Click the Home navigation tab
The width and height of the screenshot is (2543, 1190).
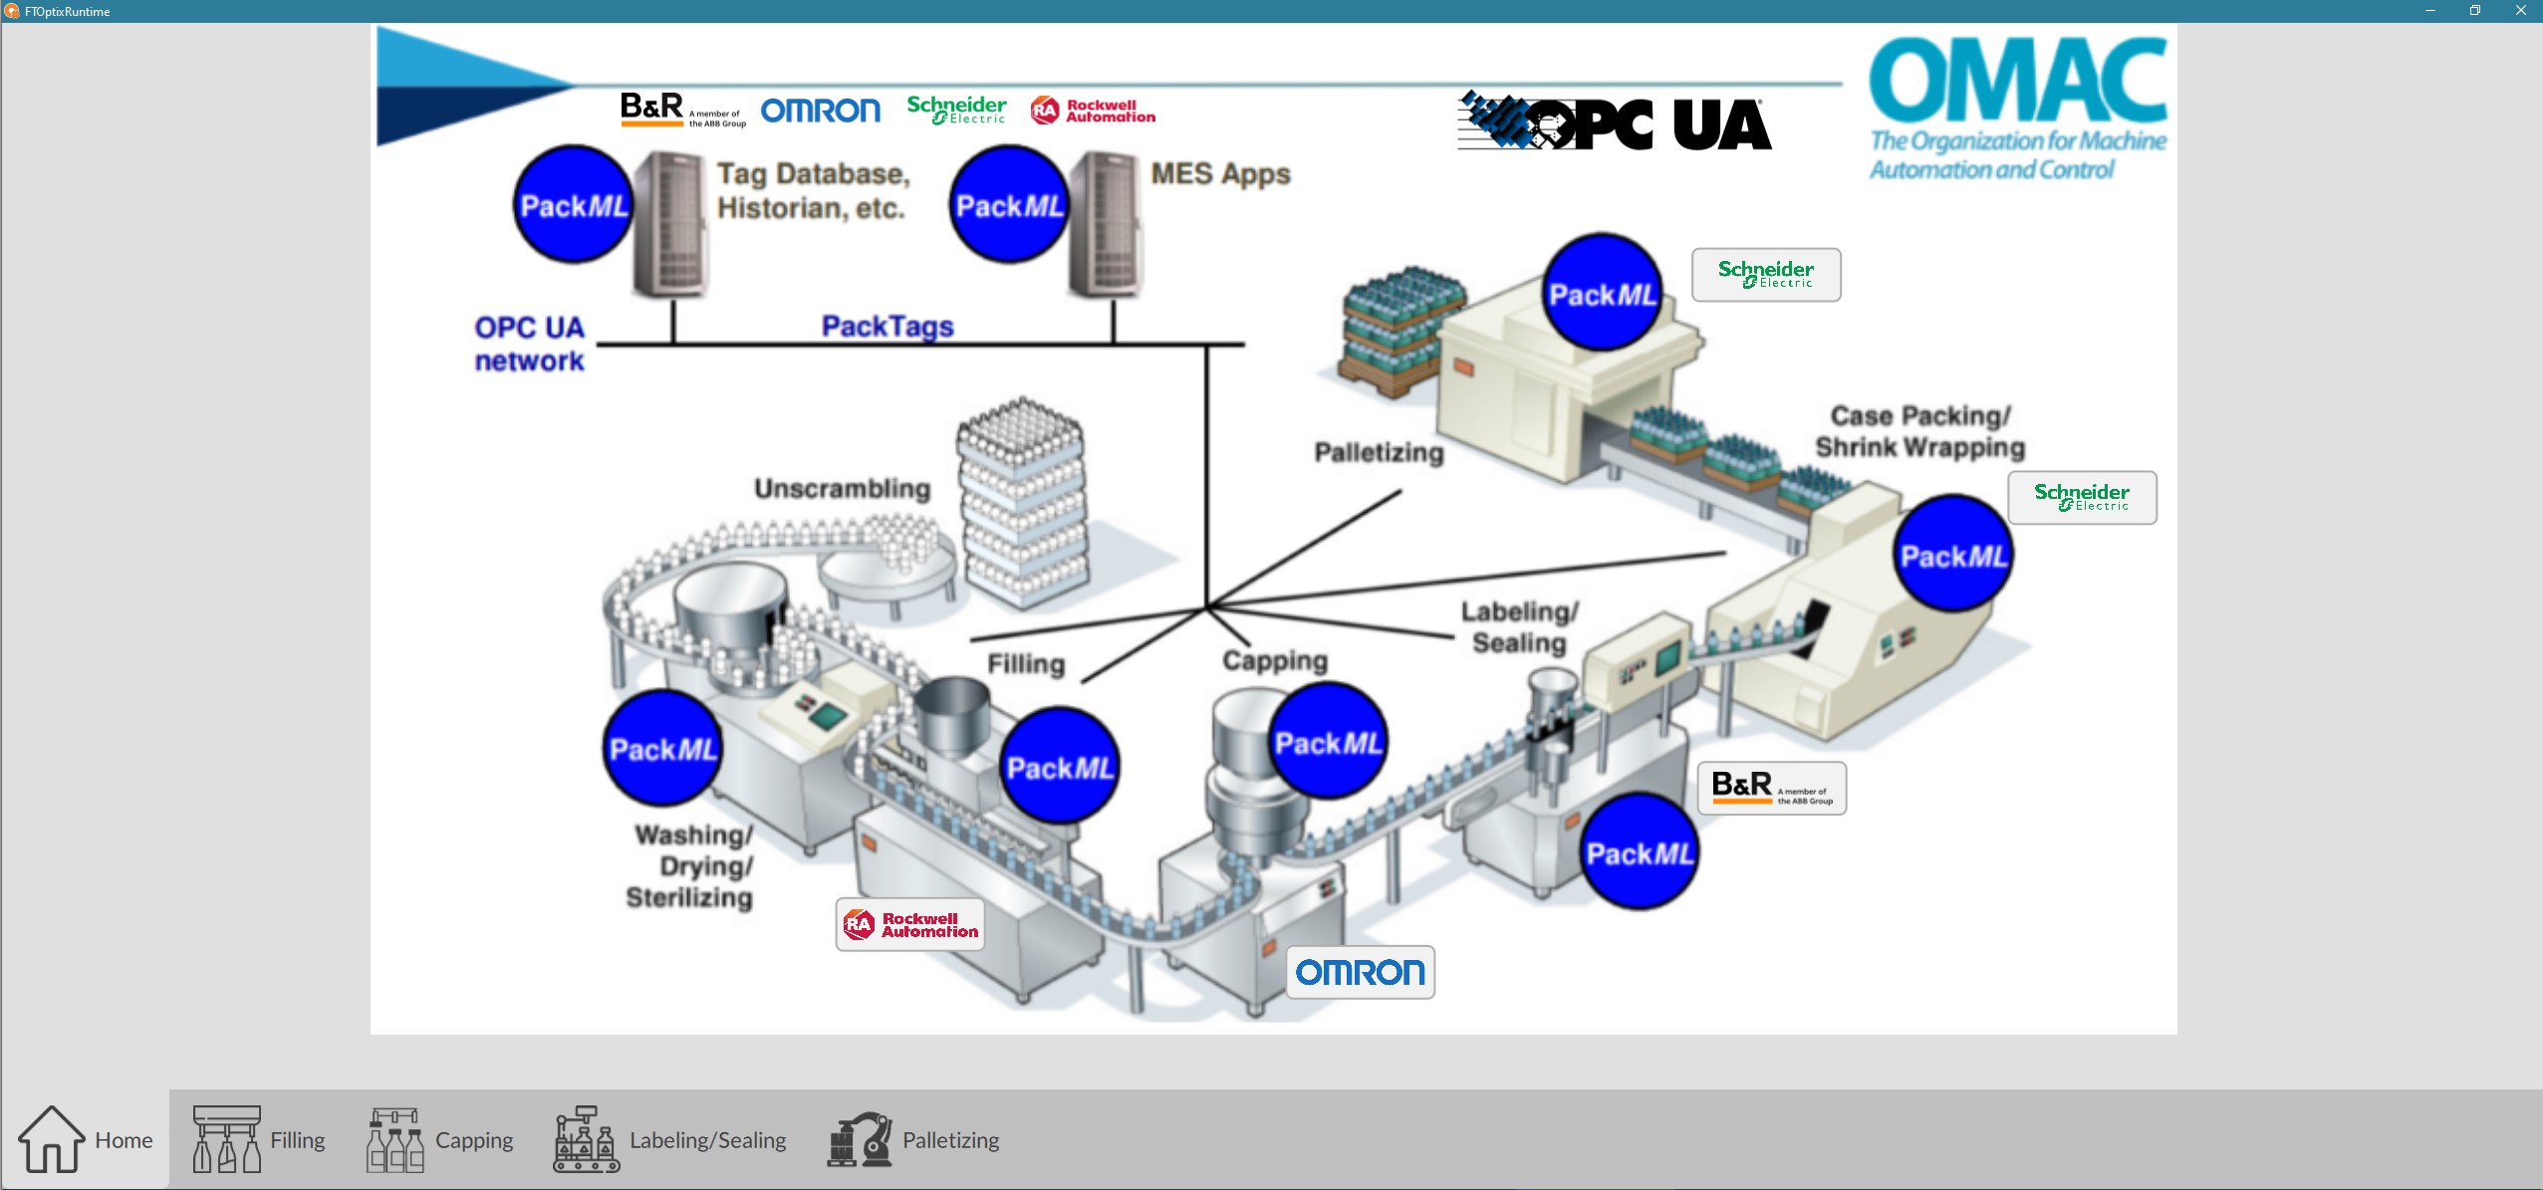[x=86, y=1139]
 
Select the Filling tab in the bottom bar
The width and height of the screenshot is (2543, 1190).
[x=259, y=1139]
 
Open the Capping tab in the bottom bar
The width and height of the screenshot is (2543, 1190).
[x=440, y=1139]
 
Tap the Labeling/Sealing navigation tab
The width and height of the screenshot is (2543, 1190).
[x=669, y=1139]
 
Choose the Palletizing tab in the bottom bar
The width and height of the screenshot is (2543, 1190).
[x=913, y=1139]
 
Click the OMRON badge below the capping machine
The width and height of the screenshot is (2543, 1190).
[x=1360, y=972]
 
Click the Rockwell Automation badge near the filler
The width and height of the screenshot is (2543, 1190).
[x=910, y=925]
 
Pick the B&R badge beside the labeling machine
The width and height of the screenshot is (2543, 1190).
[x=1772, y=788]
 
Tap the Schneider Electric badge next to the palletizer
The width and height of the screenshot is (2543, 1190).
[x=1766, y=274]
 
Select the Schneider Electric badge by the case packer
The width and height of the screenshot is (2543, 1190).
[x=2082, y=497]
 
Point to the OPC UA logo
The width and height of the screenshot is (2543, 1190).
[x=1615, y=123]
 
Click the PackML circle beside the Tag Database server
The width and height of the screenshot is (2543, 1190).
[x=573, y=205]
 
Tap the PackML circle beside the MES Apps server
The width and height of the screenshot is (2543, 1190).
[x=1009, y=205]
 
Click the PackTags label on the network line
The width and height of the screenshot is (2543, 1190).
[x=888, y=326]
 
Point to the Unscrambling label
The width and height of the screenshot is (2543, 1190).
[x=843, y=489]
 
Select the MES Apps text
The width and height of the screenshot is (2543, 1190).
[x=1220, y=174]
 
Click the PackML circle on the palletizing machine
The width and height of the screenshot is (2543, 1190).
[x=1602, y=293]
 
